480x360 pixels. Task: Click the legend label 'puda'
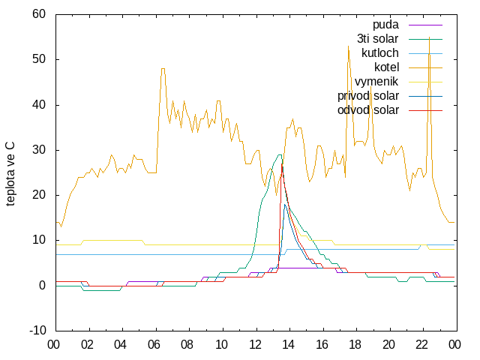(385, 25)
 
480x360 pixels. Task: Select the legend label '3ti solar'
(378, 39)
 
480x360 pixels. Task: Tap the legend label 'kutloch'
(380, 53)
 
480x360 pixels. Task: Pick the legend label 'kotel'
(387, 67)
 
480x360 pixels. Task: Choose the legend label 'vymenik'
(376, 82)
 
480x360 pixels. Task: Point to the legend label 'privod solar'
(368, 96)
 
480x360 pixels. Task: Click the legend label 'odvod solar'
(368, 110)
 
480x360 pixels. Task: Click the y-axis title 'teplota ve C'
(10, 173)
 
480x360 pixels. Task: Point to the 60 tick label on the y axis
(39, 14)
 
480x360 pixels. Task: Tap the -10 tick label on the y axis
(37, 331)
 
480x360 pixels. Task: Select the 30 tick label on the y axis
(39, 150)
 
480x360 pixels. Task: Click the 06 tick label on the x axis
(154, 345)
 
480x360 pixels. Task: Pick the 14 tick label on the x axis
(288, 345)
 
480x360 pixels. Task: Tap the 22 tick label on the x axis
(421, 345)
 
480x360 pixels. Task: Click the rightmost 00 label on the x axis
(454, 345)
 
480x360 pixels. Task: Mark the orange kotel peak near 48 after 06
(163, 69)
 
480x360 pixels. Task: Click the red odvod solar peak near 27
(282, 164)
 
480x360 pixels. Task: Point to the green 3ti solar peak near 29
(280, 155)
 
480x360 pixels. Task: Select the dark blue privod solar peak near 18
(285, 205)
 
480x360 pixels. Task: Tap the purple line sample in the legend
(425, 25)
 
